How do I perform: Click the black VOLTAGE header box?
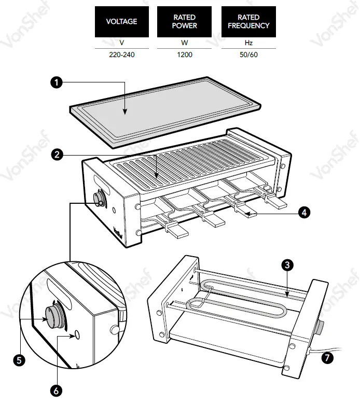point(121,22)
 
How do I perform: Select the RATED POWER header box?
point(184,22)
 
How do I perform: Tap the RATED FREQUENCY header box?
point(248,22)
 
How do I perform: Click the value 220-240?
point(121,54)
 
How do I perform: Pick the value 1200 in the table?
point(184,54)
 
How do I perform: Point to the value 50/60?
point(248,54)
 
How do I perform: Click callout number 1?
point(56,81)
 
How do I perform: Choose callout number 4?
point(304,212)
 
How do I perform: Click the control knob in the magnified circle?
point(52,315)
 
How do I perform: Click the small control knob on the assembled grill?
point(99,199)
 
